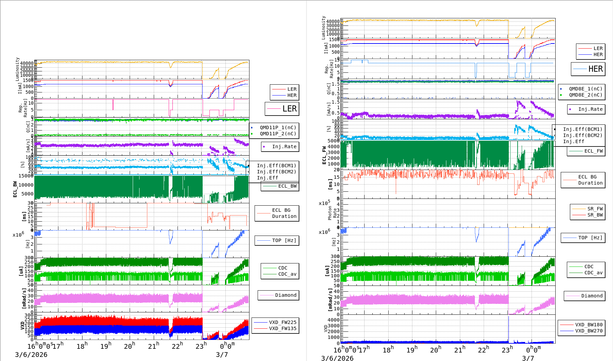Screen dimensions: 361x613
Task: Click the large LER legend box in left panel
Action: (x=282, y=109)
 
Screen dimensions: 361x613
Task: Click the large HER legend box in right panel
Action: (x=588, y=69)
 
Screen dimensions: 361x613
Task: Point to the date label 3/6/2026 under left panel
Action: (x=31, y=355)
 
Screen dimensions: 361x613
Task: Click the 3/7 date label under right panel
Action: (x=528, y=358)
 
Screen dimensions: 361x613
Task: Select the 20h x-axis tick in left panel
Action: (x=129, y=346)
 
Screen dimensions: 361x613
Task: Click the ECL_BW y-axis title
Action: (x=15, y=189)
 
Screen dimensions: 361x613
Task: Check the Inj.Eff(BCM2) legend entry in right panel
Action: (x=582, y=135)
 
